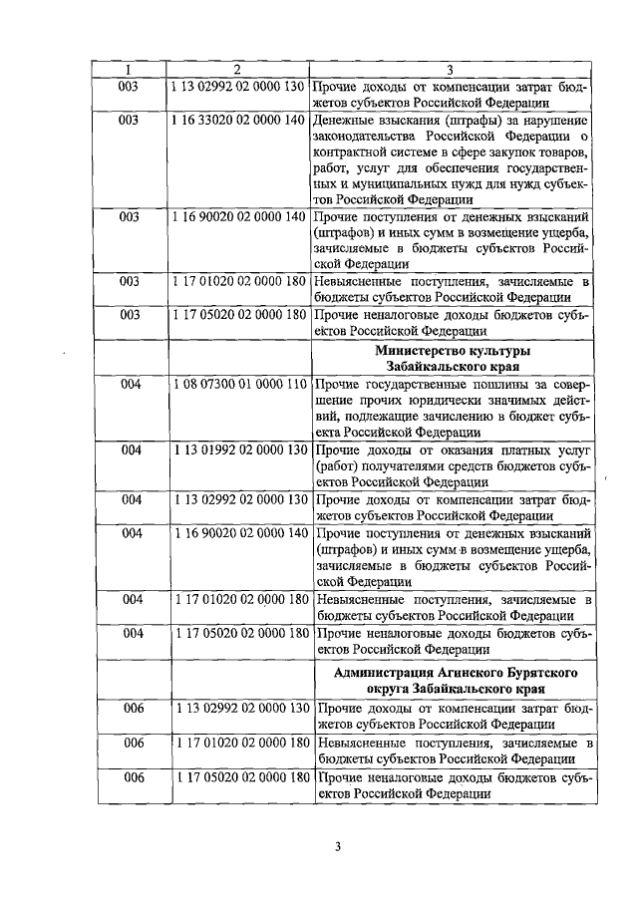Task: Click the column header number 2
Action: pyautogui.click(x=237, y=69)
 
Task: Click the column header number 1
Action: pyautogui.click(x=129, y=69)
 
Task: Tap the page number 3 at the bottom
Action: pyautogui.click(x=338, y=847)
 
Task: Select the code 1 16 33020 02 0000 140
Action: pyautogui.click(x=237, y=120)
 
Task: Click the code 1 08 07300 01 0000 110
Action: pyautogui.click(x=237, y=385)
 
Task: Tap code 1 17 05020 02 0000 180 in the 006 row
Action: pyautogui.click(x=237, y=777)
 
